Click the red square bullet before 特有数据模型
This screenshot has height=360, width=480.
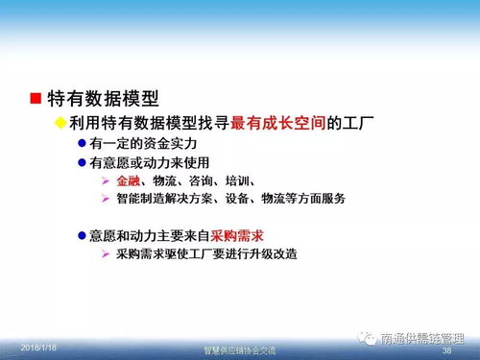click(x=35, y=98)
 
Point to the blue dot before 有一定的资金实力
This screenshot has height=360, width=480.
click(x=81, y=143)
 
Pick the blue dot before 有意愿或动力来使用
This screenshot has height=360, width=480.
click(x=81, y=163)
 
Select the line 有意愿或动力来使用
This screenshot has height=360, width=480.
click(x=149, y=163)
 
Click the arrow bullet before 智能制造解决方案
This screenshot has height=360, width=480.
click(x=105, y=199)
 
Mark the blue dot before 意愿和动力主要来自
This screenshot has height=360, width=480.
click(x=81, y=235)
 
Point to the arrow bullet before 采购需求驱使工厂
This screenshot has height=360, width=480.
click(x=105, y=254)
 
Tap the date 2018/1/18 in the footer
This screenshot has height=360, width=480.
click(x=37, y=344)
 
